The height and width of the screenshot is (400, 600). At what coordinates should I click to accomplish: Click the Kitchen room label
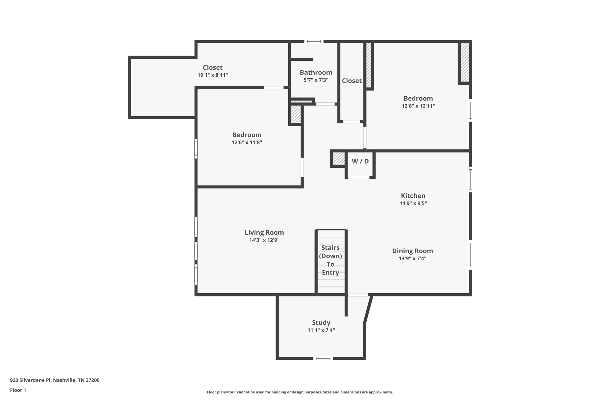tap(413, 196)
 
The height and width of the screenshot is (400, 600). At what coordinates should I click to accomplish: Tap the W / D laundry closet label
tap(360, 161)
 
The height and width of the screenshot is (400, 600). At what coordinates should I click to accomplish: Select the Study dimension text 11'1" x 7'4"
tap(321, 330)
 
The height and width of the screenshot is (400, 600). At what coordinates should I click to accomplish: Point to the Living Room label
tap(264, 232)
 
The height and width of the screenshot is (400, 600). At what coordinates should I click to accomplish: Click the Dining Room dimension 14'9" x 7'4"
tap(412, 258)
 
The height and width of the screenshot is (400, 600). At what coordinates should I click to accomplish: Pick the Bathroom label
tap(316, 72)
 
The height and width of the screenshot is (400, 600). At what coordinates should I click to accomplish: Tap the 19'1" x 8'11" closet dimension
tap(212, 75)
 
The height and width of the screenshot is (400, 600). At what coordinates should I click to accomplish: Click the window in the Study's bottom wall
tap(323, 358)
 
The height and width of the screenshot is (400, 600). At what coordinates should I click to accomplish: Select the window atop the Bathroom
tap(313, 42)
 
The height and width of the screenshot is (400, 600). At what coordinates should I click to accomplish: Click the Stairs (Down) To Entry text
tap(330, 260)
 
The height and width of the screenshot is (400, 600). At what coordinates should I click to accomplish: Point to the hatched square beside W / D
tap(338, 159)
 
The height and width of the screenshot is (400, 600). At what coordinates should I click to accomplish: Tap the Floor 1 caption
tap(18, 390)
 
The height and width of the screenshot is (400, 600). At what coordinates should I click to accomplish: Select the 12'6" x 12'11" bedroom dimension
tap(418, 106)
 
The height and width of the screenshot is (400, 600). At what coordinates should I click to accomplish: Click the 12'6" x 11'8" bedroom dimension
tap(247, 143)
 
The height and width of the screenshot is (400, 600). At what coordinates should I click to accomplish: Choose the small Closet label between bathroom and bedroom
tap(352, 81)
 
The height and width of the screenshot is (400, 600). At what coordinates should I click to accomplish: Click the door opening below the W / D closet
tap(358, 177)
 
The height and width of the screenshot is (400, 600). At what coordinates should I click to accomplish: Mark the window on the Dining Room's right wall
tap(470, 255)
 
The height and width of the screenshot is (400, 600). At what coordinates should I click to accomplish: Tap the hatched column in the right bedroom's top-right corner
tap(464, 62)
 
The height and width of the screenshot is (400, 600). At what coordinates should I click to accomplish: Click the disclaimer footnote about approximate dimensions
tap(300, 392)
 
